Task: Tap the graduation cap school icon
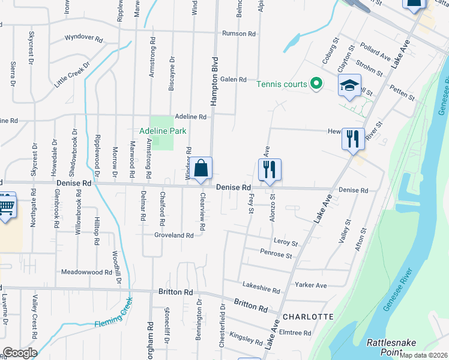(349, 86)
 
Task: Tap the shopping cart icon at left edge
(6, 206)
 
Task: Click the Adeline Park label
(163, 130)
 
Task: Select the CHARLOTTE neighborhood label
(307, 316)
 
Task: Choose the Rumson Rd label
(239, 34)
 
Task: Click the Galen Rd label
(234, 79)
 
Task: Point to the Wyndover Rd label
(84, 37)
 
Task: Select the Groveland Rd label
(173, 235)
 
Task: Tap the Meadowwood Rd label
(86, 272)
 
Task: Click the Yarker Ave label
(310, 285)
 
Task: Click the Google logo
(20, 352)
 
